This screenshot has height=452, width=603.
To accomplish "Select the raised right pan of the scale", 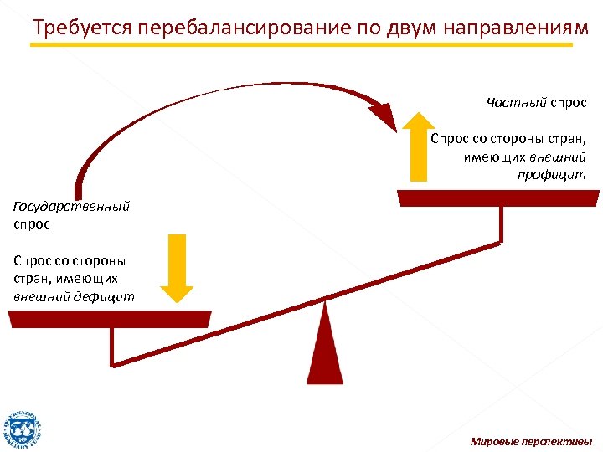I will pyautogui.click(x=498, y=198).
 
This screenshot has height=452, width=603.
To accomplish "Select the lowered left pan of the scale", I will pyautogui.click(x=110, y=319).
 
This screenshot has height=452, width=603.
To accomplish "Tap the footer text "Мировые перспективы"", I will pyautogui.click(x=531, y=441).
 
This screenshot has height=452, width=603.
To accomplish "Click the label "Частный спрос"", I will pyautogui.click(x=536, y=102).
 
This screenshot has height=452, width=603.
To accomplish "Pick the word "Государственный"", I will pyautogui.click(x=72, y=207).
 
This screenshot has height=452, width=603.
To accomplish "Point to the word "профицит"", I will pyautogui.click(x=552, y=174).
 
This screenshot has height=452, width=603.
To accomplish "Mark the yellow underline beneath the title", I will pyautogui.click(x=301, y=44).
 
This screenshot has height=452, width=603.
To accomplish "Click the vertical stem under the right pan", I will pyautogui.click(x=501, y=223).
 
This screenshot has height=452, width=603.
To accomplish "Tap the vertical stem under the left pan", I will pyautogui.click(x=112, y=346).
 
